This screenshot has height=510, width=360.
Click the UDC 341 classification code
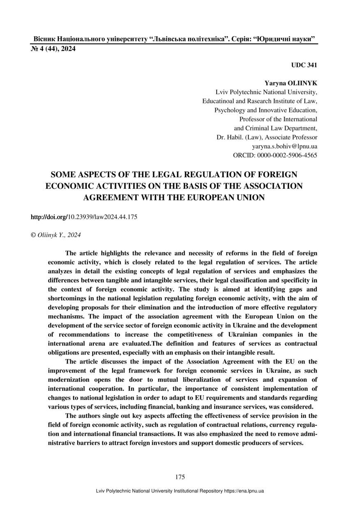coord(304,65)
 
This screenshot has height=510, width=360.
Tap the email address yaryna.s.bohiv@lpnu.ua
coord(284,146)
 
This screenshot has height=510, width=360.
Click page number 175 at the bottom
coord(180,477)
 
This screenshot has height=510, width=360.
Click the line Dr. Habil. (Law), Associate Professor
coord(267,137)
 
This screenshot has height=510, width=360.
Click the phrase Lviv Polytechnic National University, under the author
coord(266,92)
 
